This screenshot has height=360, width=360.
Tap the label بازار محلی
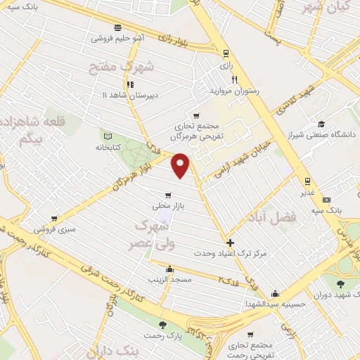coord(167,207)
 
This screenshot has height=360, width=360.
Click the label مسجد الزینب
coord(169,279)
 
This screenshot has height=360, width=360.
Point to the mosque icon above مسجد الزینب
coord(169,268)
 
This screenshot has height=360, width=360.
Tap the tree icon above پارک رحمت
coord(164,325)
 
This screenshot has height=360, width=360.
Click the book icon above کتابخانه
coord(108,136)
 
